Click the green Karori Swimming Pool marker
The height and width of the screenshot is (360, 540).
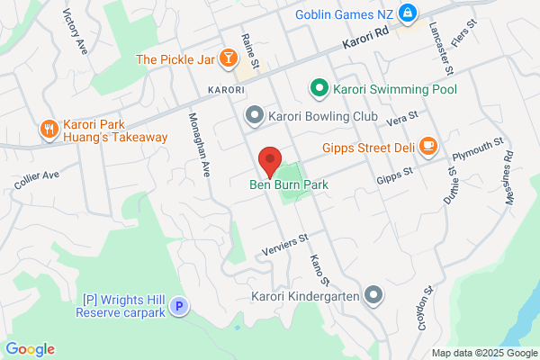[318, 88]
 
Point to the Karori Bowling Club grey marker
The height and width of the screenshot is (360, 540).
[255, 115]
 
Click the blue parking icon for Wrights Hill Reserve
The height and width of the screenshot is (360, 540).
[179, 307]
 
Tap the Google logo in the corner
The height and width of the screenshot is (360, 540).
[30, 349]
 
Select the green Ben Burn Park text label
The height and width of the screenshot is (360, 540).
[289, 184]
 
